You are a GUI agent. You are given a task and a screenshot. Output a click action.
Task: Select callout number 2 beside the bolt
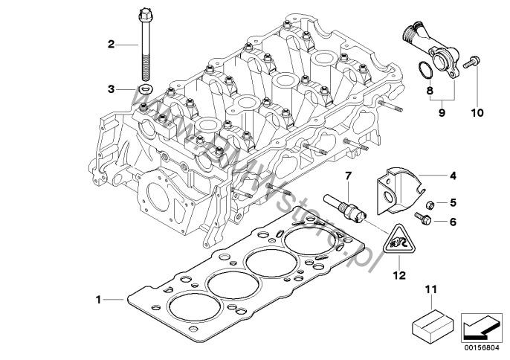coord(111,45)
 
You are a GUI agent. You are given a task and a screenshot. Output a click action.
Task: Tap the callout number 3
coord(111,89)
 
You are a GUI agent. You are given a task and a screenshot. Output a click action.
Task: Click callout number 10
coord(477,113)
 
